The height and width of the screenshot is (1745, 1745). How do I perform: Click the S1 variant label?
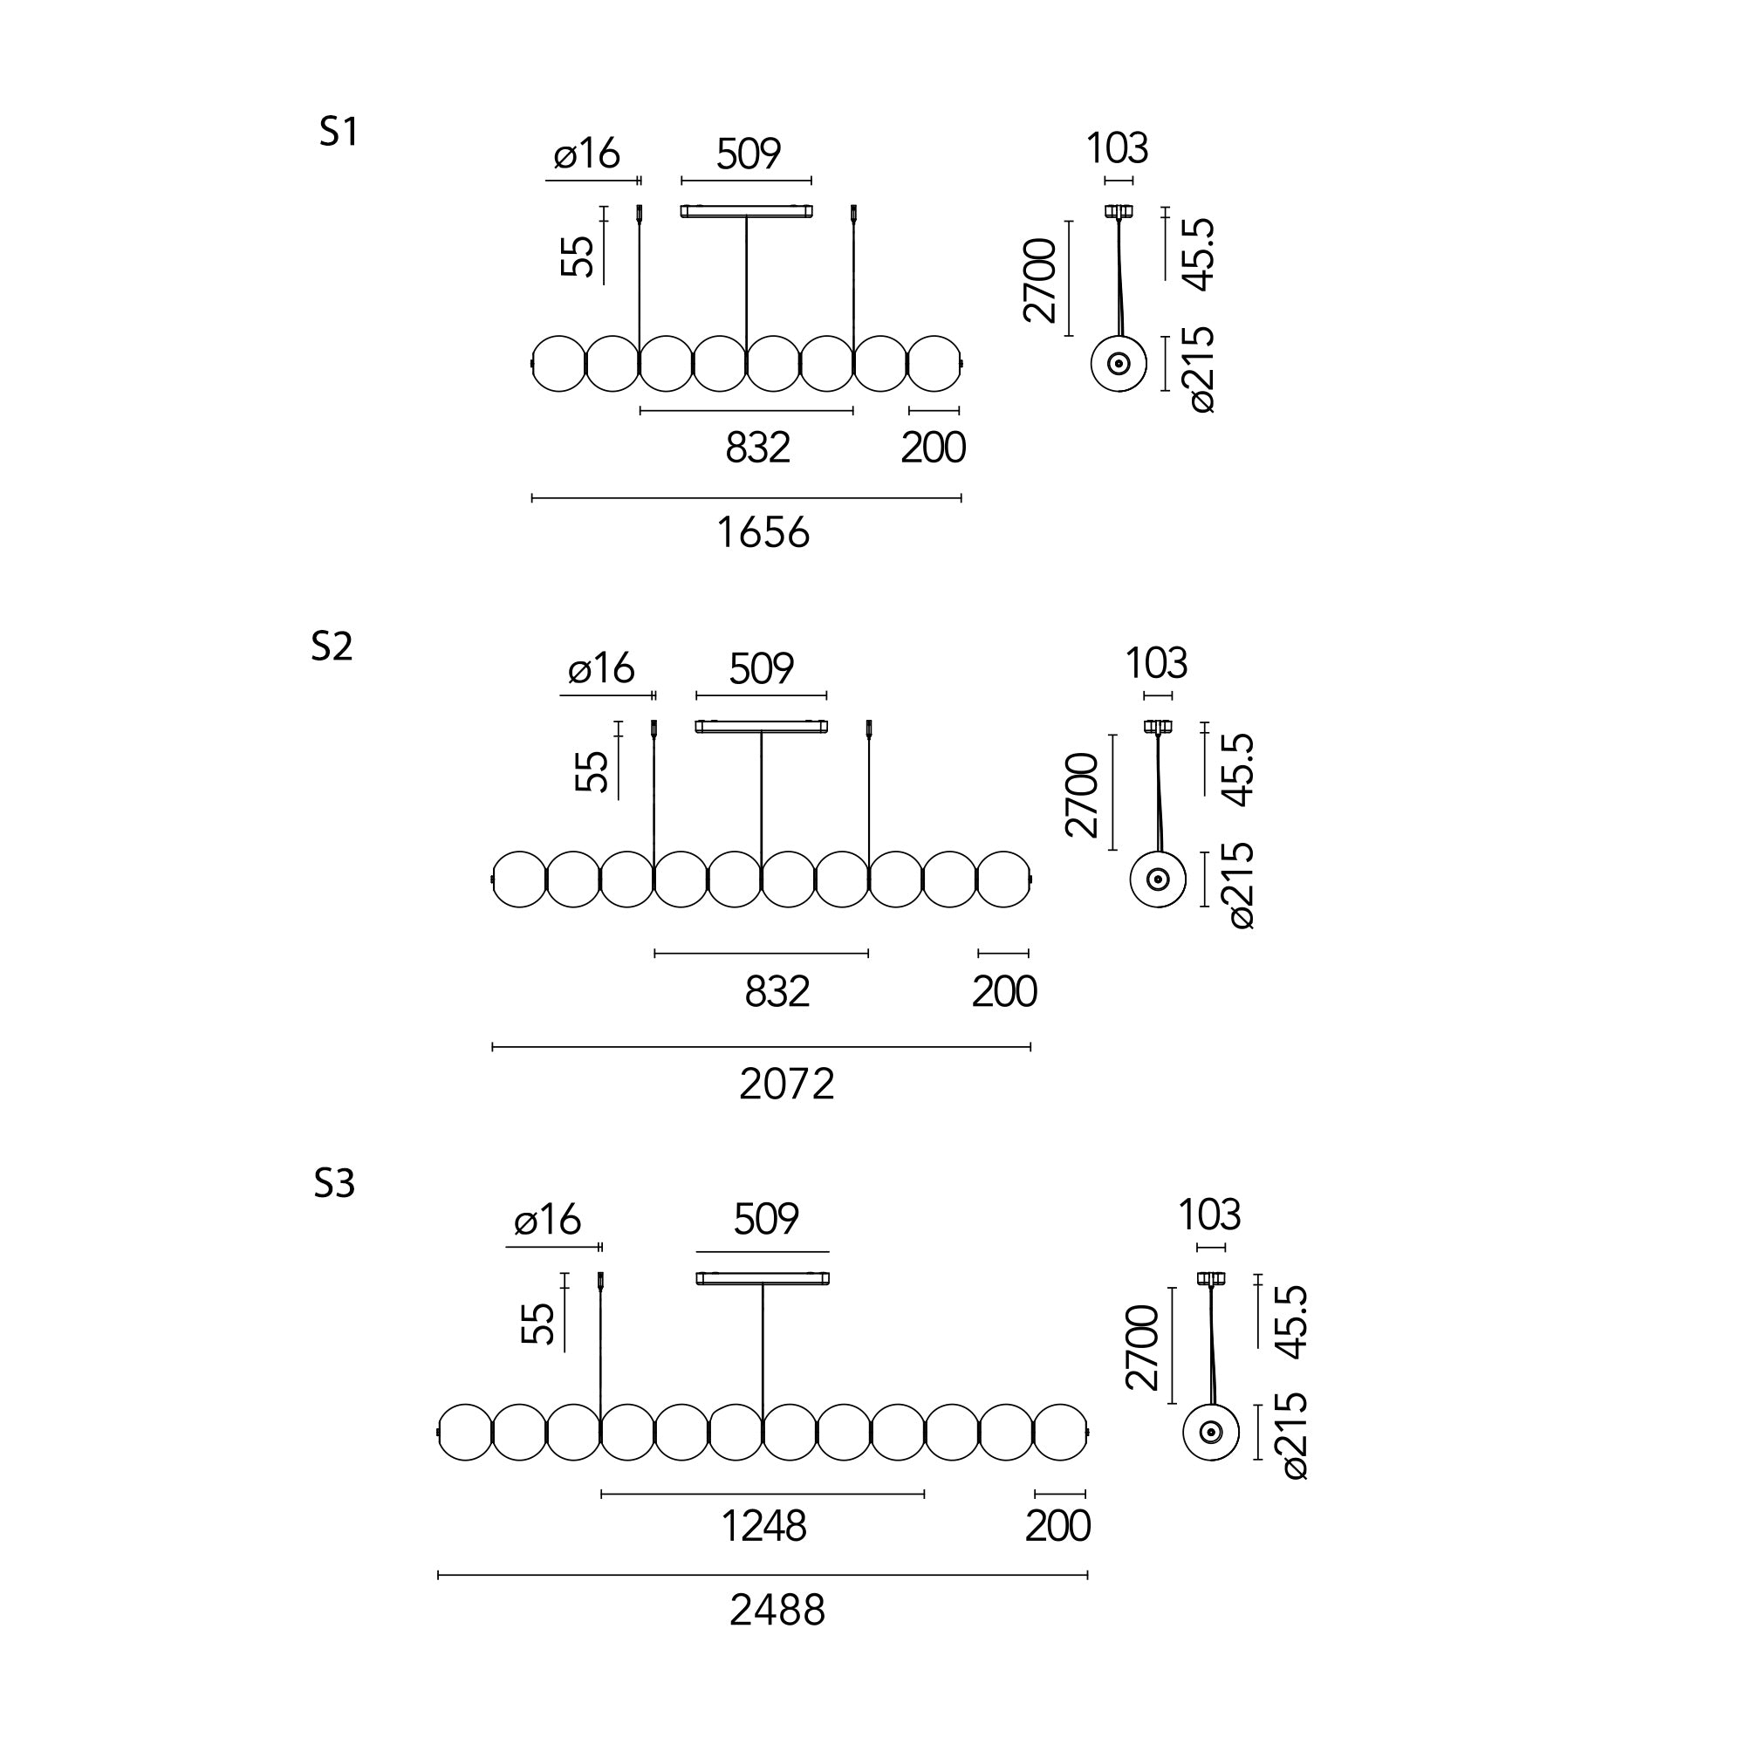[339, 133]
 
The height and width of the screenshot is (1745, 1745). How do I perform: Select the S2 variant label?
[332, 647]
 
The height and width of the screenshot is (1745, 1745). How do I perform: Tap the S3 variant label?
[334, 1183]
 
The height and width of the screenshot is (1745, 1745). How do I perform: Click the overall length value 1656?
[763, 533]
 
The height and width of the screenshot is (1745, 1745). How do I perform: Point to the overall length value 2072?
[787, 1084]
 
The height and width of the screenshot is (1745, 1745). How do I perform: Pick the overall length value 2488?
[777, 1611]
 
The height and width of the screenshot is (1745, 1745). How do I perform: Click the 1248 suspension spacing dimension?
[763, 1526]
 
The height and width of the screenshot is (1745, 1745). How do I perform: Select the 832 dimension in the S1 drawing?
[758, 448]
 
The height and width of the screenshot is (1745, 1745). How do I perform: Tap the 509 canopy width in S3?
[766, 1220]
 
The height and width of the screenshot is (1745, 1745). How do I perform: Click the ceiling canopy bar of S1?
[746, 211]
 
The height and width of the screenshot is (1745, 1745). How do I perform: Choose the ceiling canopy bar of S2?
[762, 726]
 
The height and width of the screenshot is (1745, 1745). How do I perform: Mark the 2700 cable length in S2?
[1082, 795]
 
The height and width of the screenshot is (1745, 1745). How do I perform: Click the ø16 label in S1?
[587, 154]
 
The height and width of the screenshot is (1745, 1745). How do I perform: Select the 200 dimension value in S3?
[1057, 1526]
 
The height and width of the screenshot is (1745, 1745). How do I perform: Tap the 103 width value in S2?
[1156, 664]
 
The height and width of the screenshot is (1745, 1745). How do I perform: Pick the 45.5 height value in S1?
[1200, 256]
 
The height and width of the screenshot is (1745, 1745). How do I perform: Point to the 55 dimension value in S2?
[592, 772]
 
